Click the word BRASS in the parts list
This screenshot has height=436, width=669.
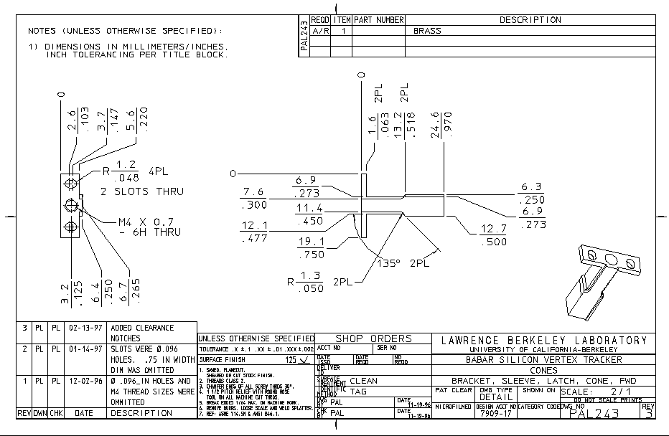427,32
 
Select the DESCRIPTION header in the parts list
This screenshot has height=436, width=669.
530,20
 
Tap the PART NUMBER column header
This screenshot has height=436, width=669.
379,20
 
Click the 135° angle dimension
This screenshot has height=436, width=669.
391,262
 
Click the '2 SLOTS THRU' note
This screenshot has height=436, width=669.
142,191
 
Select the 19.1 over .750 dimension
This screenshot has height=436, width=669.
312,248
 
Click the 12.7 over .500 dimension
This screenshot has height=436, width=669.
495,235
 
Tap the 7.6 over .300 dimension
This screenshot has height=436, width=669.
254,198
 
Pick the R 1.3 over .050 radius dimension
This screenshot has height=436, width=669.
311,282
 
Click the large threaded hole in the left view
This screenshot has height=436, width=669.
70,206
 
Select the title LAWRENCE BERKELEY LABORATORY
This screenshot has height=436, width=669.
543,340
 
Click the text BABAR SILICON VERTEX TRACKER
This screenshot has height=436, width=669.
543,359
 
